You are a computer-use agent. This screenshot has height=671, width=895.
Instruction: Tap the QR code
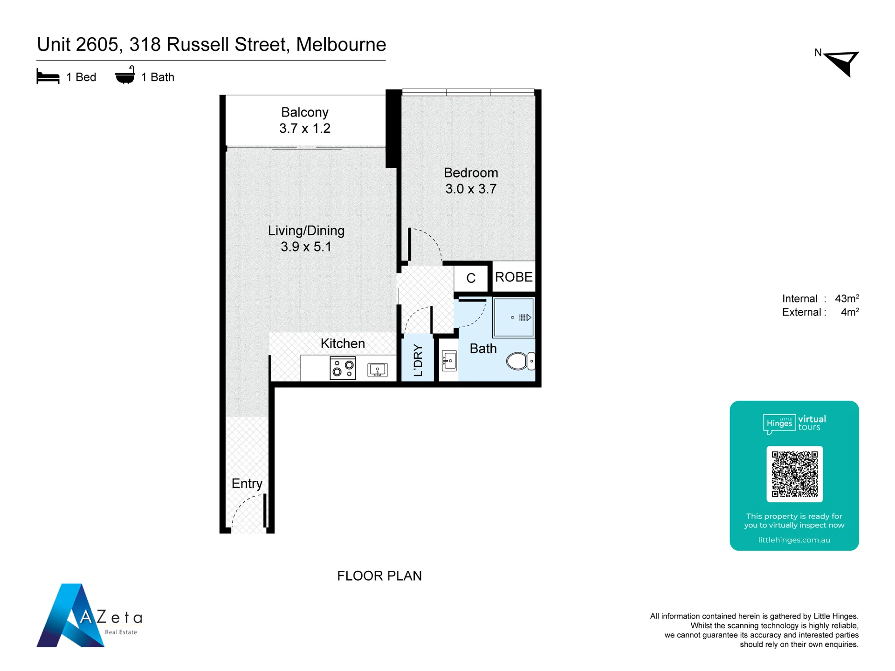click(794, 474)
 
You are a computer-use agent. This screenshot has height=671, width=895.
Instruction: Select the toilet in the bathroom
click(520, 361)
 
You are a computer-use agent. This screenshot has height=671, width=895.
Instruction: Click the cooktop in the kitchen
click(343, 368)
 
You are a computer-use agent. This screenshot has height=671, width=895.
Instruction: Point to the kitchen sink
click(377, 370)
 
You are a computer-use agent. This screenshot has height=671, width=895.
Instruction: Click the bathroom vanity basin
click(449, 361)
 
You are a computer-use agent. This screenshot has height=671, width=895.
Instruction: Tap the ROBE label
click(514, 277)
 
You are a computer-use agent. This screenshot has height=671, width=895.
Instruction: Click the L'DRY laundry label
click(418, 360)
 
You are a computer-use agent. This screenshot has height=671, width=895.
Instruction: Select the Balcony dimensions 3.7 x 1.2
click(305, 128)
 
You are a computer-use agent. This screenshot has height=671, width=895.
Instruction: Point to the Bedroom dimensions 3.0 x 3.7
click(471, 189)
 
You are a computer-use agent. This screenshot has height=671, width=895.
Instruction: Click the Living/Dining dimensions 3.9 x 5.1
click(306, 246)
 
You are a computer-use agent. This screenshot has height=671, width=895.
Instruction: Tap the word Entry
click(247, 484)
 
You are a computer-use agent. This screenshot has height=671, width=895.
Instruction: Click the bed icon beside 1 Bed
click(48, 76)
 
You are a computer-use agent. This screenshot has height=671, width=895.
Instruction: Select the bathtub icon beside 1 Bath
click(125, 75)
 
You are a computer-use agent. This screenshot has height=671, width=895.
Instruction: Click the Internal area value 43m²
click(847, 298)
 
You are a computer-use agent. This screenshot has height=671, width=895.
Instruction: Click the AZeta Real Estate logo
click(89, 615)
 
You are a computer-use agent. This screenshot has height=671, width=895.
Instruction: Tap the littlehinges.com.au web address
click(794, 540)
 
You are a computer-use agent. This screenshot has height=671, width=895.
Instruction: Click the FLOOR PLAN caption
click(379, 576)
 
